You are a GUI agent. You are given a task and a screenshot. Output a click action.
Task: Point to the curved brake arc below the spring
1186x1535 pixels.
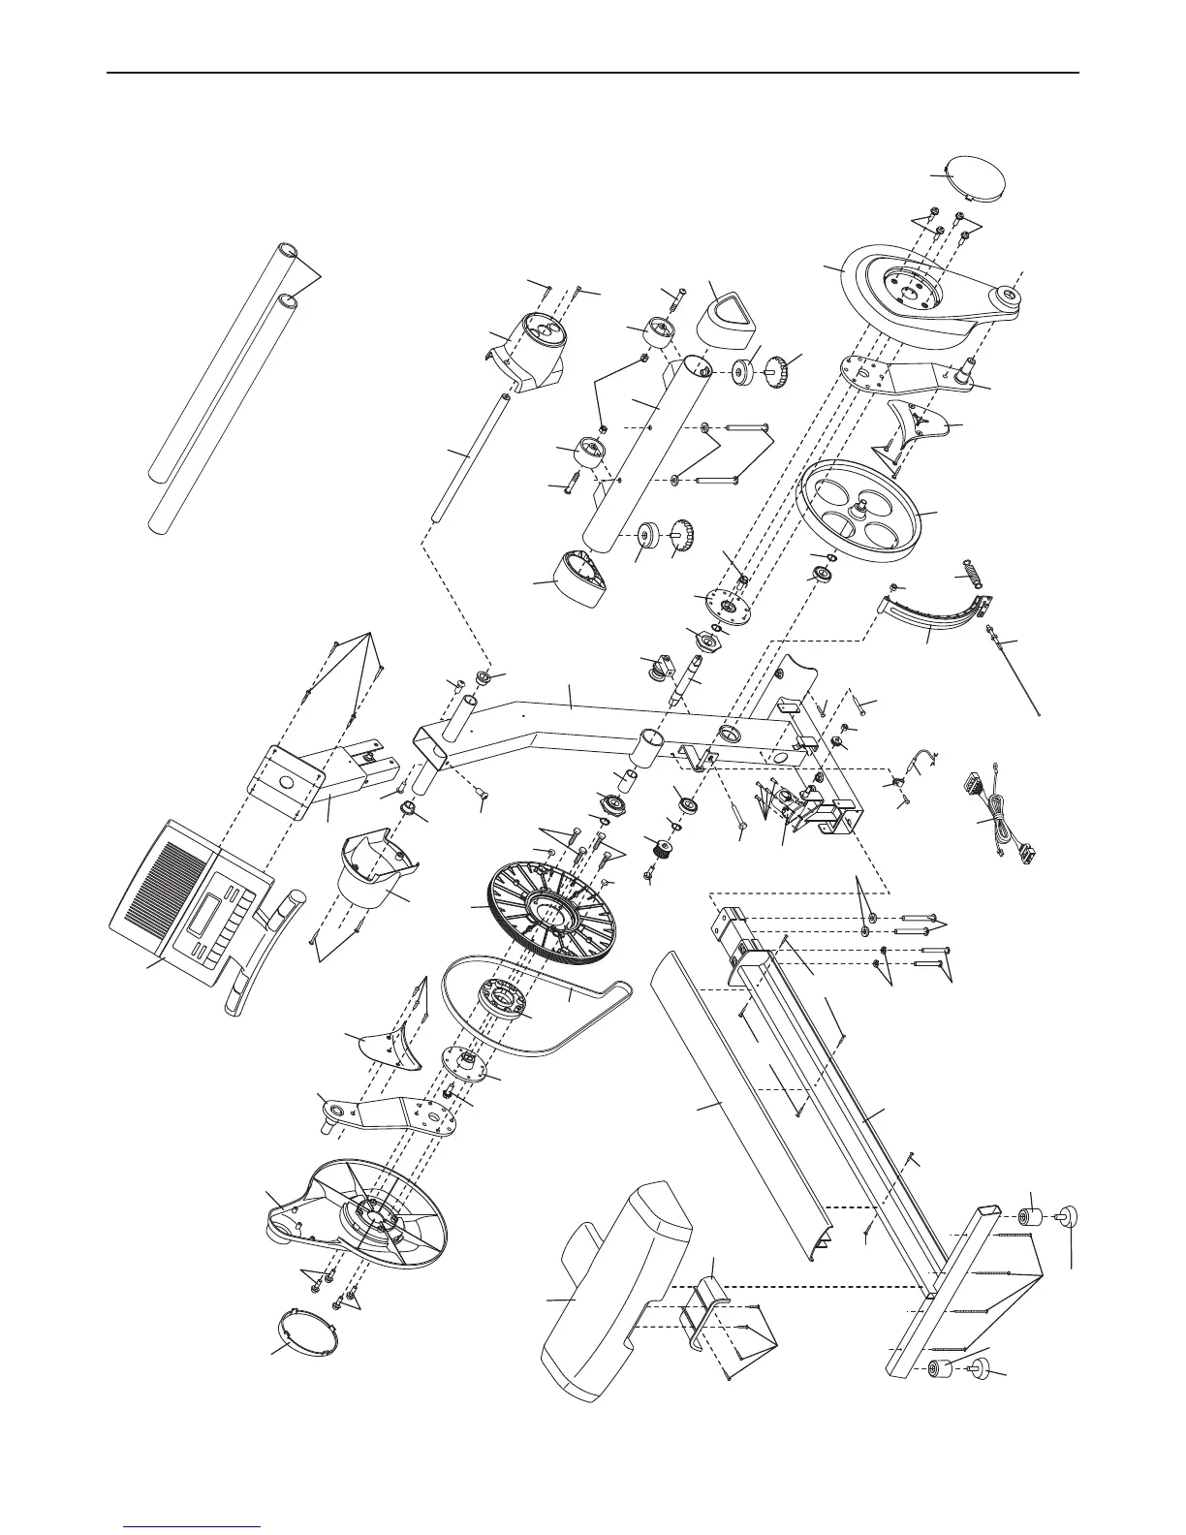click(x=930, y=614)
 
